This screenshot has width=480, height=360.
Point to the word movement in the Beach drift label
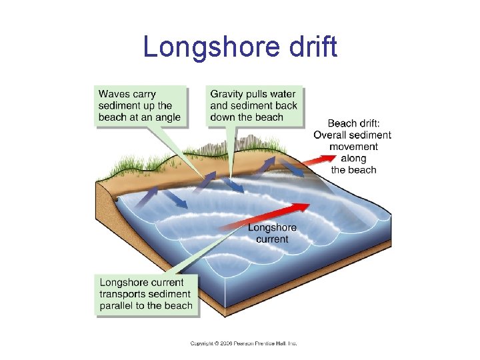tap(353, 147)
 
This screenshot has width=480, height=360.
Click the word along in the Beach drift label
tap(353, 158)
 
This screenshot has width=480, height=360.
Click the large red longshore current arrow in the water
tap(267, 217)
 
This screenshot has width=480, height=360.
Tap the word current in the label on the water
tap(272, 239)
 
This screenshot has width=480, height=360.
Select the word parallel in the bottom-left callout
tap(117, 306)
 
